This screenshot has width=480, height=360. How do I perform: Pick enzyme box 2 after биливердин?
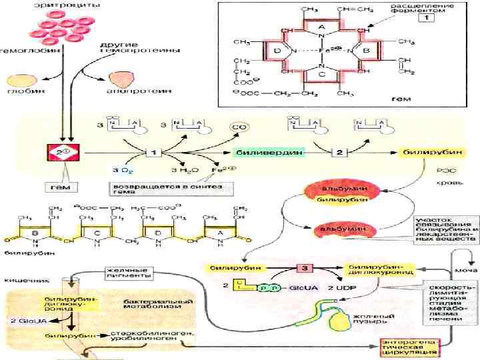point(339,153)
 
